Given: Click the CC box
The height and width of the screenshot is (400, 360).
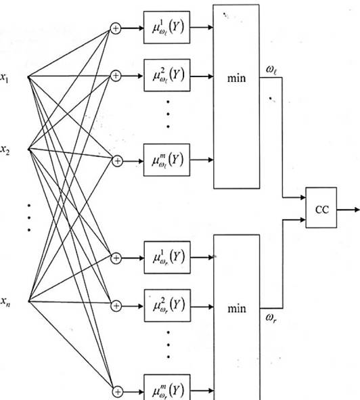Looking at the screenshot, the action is pos(321,207).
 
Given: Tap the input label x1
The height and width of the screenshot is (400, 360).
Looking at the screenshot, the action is pos(4,77).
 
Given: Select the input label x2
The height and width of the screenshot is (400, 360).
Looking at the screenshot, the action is pos(5,150).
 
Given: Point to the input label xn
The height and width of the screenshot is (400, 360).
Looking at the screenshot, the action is pos(5,302).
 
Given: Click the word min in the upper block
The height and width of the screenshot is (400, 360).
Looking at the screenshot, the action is pos(237,78).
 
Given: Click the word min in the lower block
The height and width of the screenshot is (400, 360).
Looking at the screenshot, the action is pos(237,309).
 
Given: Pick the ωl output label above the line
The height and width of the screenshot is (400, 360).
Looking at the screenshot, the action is pos(271,70).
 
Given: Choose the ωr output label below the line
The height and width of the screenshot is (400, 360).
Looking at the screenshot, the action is pos(271,318).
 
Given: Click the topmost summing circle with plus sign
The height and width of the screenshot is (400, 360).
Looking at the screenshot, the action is pos(116,28).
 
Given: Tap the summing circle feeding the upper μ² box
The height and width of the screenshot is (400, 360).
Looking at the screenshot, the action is pos(116,76).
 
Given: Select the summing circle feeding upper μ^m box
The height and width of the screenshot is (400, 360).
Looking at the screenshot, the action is pos(117,161).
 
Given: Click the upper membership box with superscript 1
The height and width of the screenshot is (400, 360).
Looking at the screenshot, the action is pos(166,27).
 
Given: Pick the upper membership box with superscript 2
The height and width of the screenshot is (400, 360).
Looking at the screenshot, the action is pos(167,75).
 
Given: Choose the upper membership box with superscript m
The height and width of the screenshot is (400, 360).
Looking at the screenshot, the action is pos(166,160).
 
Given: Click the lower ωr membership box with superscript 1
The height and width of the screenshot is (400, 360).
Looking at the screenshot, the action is pos(167,257).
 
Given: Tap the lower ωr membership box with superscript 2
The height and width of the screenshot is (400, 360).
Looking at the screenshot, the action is pos(167,305).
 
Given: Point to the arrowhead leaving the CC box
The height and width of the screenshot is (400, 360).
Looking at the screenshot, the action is pos(357,210).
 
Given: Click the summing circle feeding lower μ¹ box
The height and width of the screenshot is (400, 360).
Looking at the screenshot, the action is pos(116,258).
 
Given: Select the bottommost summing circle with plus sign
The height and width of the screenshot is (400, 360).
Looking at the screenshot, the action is pos(118,392).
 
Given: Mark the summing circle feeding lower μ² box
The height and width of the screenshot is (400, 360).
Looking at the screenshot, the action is pos(116,306).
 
